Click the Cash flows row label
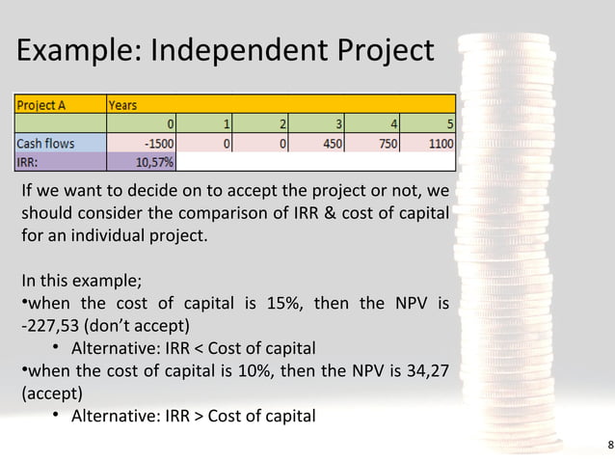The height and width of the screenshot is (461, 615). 45,143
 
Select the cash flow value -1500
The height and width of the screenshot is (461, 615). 157,143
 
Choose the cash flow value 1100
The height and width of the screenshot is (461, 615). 436,143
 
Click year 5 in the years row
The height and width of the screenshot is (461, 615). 449,123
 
